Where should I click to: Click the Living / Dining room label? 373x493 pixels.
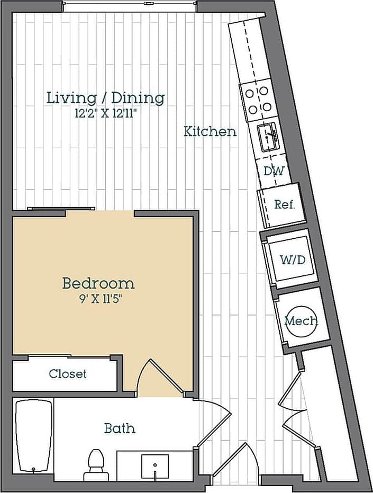tap(105, 98)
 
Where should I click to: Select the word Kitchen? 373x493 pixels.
tap(210, 131)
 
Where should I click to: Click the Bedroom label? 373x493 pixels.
tap(98, 283)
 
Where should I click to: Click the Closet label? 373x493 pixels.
tap(68, 374)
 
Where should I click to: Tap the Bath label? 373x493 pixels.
tap(119, 428)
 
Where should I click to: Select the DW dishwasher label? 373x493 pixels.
tap(274, 172)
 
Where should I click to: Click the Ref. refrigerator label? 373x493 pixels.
tap(284, 204)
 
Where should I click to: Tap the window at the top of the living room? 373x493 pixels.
tap(130, 7)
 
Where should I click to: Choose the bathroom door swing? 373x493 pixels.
tap(214, 424)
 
